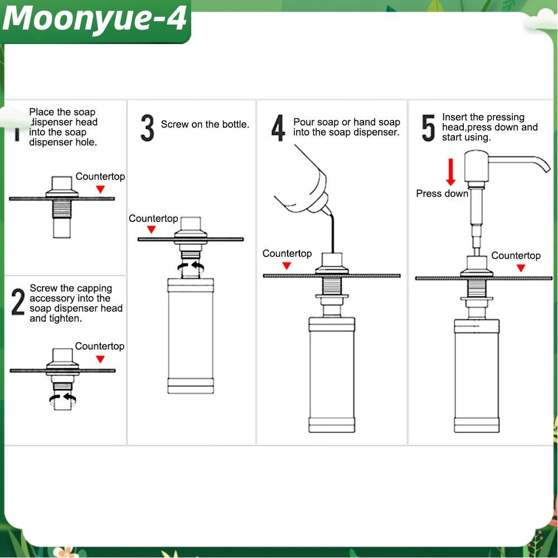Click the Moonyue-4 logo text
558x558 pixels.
click(x=95, y=19)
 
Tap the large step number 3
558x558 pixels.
click(x=147, y=128)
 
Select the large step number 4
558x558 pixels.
click(x=278, y=128)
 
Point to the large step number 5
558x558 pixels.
click(x=429, y=128)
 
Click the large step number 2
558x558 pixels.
click(x=18, y=302)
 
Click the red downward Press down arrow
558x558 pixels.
click(x=451, y=172)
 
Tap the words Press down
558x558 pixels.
click(x=442, y=193)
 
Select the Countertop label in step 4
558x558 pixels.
click(x=287, y=254)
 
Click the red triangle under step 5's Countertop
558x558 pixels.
click(x=521, y=268)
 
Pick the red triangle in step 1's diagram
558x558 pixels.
click(x=100, y=190)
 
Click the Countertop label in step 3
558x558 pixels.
click(x=153, y=219)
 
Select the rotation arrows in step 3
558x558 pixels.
click(x=191, y=267)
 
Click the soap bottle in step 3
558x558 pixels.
click(x=191, y=336)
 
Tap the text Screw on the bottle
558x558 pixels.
click(x=205, y=124)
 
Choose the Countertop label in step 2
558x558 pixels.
click(x=100, y=346)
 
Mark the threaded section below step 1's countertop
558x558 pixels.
click(x=62, y=209)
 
